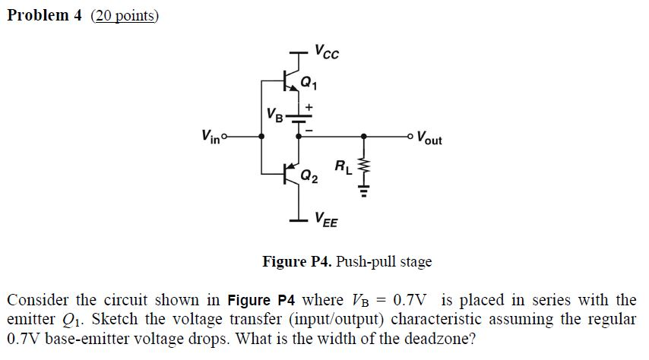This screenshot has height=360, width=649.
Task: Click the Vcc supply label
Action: [x=327, y=53]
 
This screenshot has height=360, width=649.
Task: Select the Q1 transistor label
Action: [x=309, y=81]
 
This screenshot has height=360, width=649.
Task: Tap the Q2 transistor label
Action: [x=309, y=176]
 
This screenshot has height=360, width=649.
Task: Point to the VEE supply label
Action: [x=327, y=222]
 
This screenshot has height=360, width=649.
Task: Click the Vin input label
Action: [x=210, y=137]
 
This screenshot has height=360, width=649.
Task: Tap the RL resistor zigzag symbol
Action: [x=363, y=166]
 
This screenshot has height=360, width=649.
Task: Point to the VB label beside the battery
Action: [x=274, y=115]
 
